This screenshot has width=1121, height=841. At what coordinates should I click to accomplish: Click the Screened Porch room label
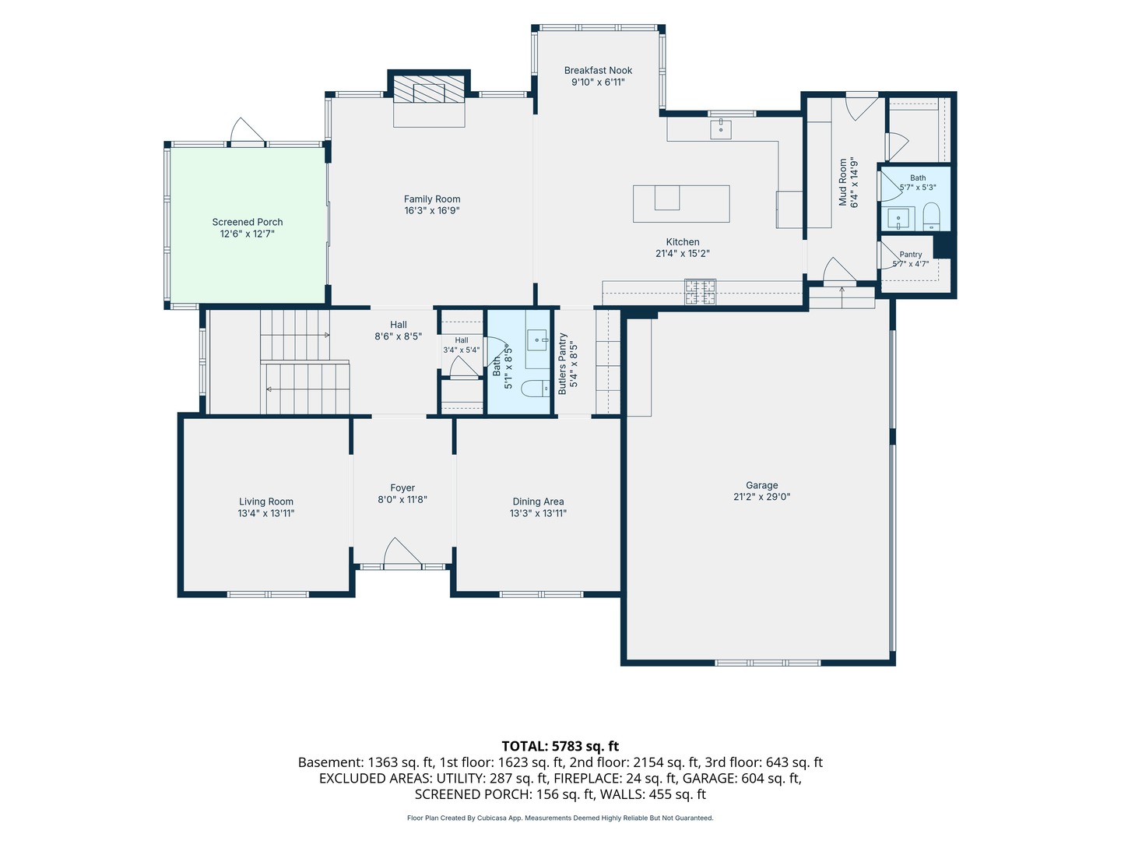click(248, 227)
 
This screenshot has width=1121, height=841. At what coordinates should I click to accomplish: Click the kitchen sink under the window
click(721, 129)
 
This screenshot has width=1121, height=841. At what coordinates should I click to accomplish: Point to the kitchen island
click(681, 204)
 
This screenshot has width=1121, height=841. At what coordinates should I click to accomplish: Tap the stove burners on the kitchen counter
click(700, 291)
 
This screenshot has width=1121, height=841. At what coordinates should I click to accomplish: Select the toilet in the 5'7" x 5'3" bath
click(932, 217)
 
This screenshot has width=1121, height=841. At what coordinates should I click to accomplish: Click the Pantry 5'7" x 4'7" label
click(911, 259)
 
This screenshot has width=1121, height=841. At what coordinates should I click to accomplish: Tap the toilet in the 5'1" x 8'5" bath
click(536, 389)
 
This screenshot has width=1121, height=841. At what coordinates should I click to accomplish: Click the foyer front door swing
click(402, 551)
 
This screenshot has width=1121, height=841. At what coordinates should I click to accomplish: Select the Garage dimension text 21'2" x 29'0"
click(761, 497)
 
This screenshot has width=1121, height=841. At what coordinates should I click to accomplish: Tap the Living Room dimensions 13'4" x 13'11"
click(266, 513)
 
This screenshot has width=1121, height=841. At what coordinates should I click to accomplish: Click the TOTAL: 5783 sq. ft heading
click(560, 746)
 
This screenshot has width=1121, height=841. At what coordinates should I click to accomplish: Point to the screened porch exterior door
click(248, 132)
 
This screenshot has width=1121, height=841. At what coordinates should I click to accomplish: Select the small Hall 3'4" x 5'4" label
click(461, 345)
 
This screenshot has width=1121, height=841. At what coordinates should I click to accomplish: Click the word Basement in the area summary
click(331, 762)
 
